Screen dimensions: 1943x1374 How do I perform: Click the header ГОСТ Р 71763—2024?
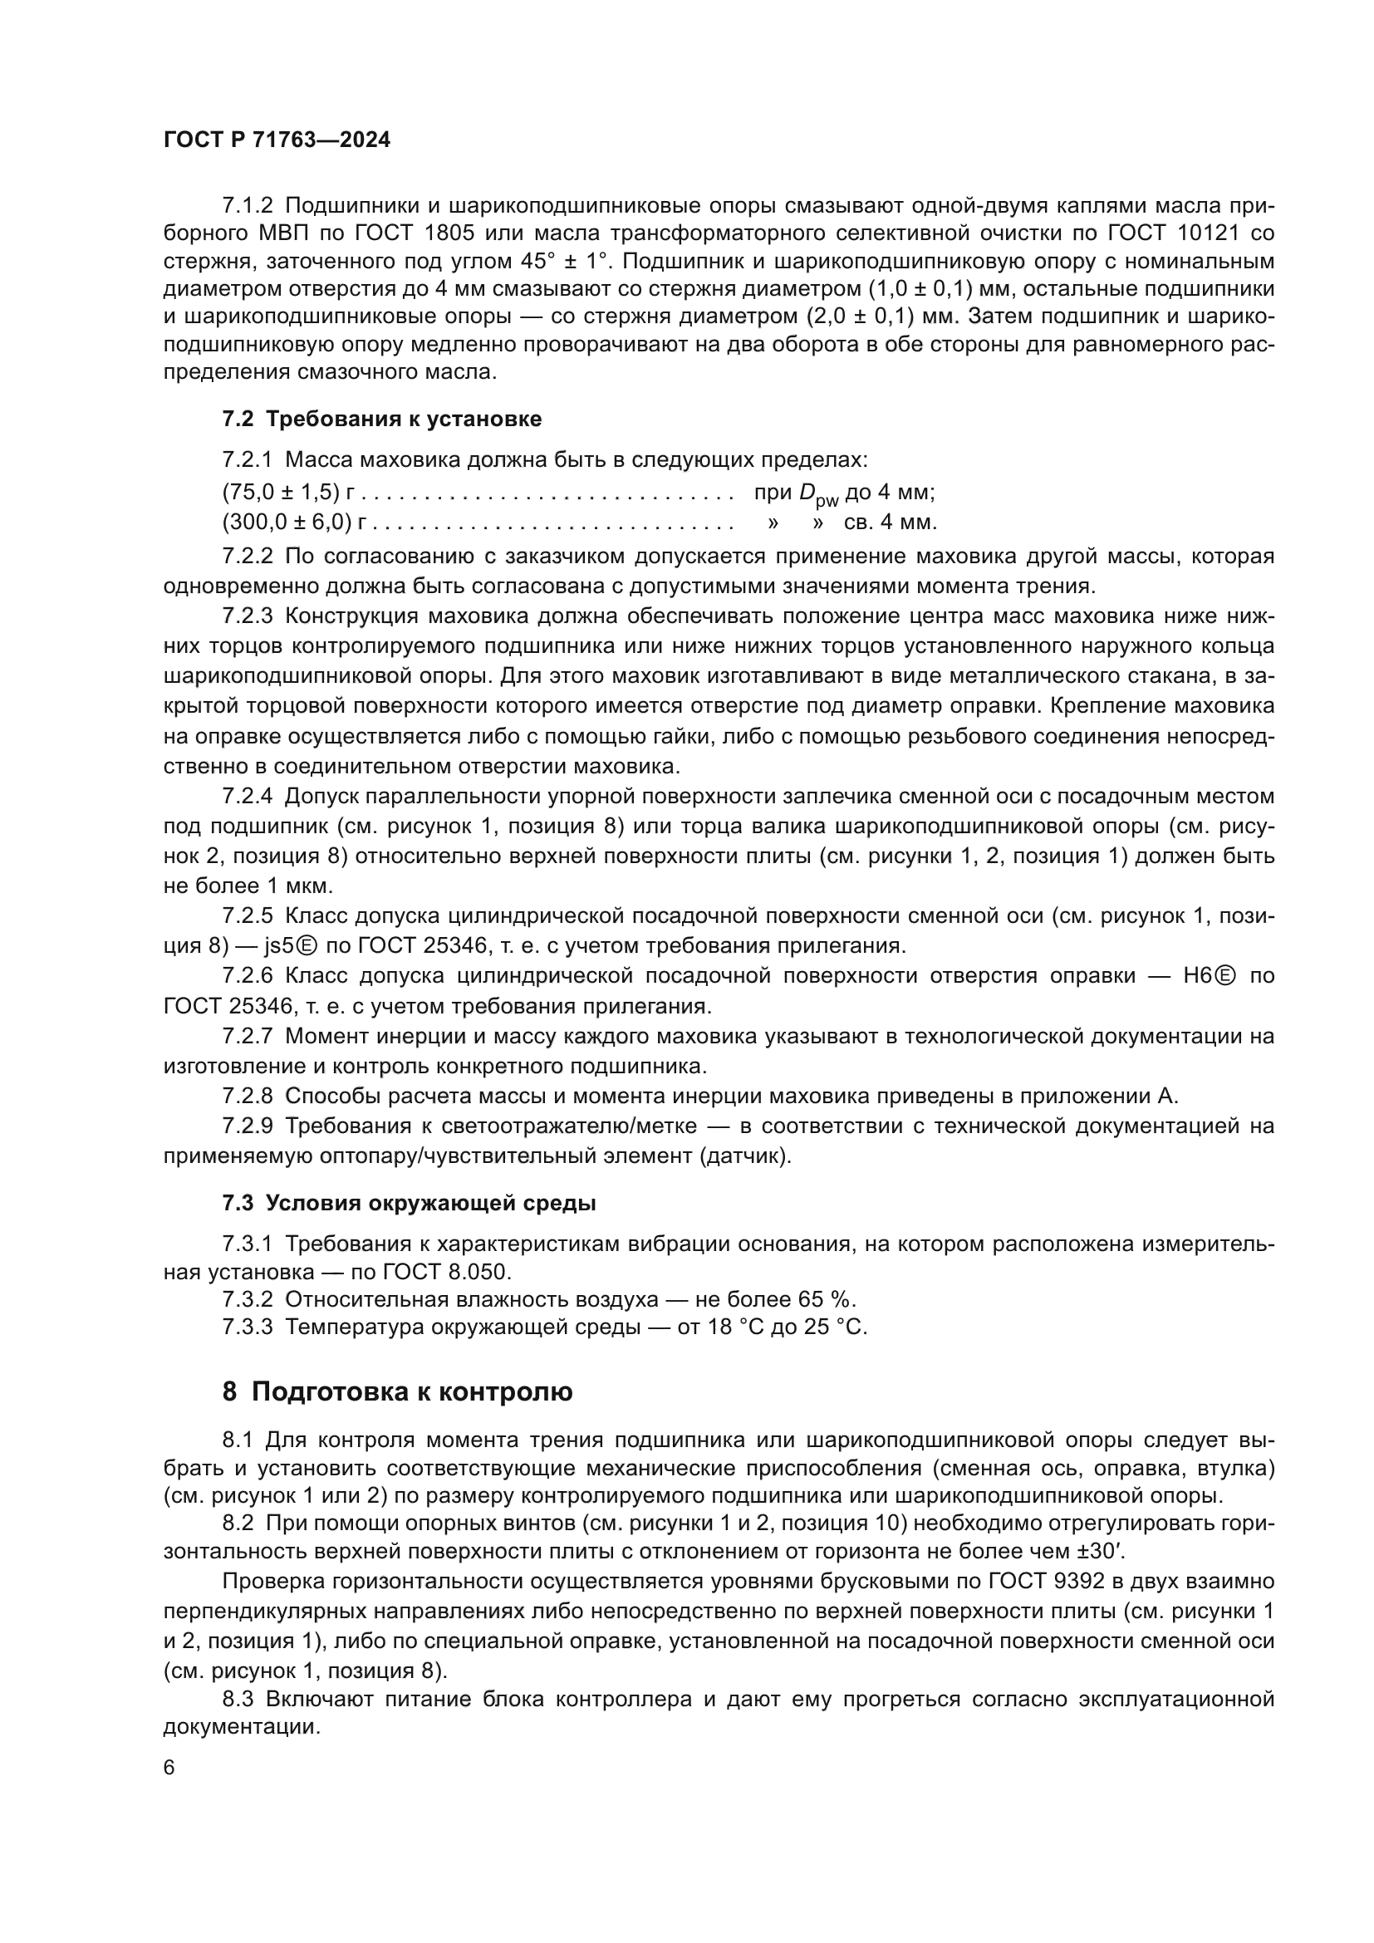click(277, 140)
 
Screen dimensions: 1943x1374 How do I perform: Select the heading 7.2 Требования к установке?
click(381, 419)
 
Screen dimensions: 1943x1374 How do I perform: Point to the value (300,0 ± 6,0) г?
click(288, 522)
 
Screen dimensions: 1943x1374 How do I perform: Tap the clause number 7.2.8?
click(248, 1096)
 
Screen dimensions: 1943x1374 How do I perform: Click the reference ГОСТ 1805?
click(421, 233)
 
